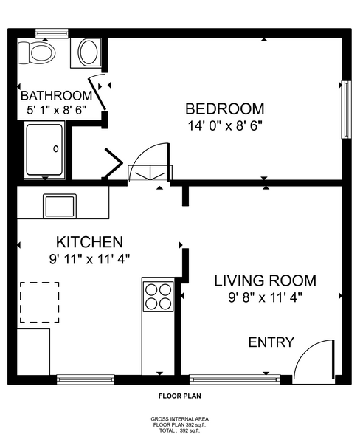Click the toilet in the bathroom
(40, 52)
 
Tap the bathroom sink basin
(89, 52)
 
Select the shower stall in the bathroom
(44, 151)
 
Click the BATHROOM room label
(56, 96)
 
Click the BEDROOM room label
(224, 108)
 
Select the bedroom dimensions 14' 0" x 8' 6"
(224, 125)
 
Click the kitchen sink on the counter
(59, 204)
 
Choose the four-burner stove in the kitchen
(157, 296)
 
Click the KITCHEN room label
(89, 242)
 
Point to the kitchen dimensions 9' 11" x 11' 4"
(89, 259)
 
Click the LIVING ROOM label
(265, 280)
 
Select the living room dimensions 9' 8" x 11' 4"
(265, 297)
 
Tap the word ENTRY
(271, 342)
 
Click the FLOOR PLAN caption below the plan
(179, 396)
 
